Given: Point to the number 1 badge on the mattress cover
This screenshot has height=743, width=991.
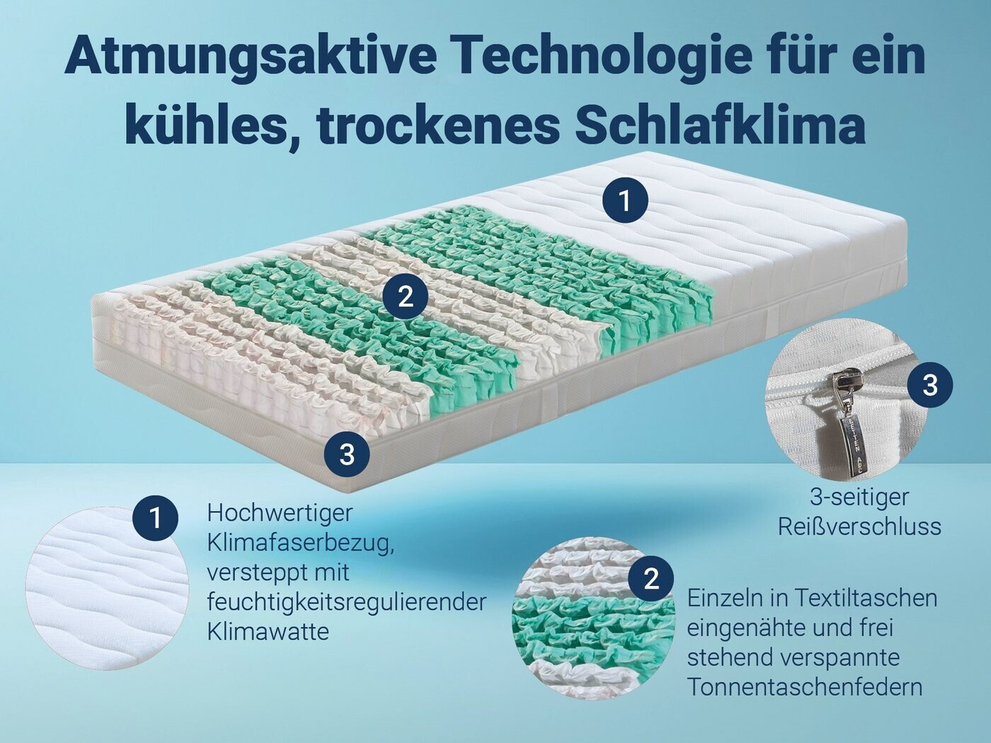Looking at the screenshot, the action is click(625, 201).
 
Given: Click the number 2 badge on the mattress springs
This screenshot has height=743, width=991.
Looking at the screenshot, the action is click(405, 296).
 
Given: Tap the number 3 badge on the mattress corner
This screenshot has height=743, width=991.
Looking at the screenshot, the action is click(347, 454).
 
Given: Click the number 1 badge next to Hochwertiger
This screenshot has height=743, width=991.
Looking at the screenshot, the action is click(155, 519).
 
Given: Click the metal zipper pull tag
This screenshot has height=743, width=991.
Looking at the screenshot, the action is click(842, 437).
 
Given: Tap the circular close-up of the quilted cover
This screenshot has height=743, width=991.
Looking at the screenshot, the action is click(107, 589).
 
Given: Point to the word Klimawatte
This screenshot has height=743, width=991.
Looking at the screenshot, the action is click(268, 631).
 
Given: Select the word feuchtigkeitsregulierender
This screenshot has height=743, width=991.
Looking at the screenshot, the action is click(347, 603).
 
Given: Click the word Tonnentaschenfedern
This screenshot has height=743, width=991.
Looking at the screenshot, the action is click(805, 688).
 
